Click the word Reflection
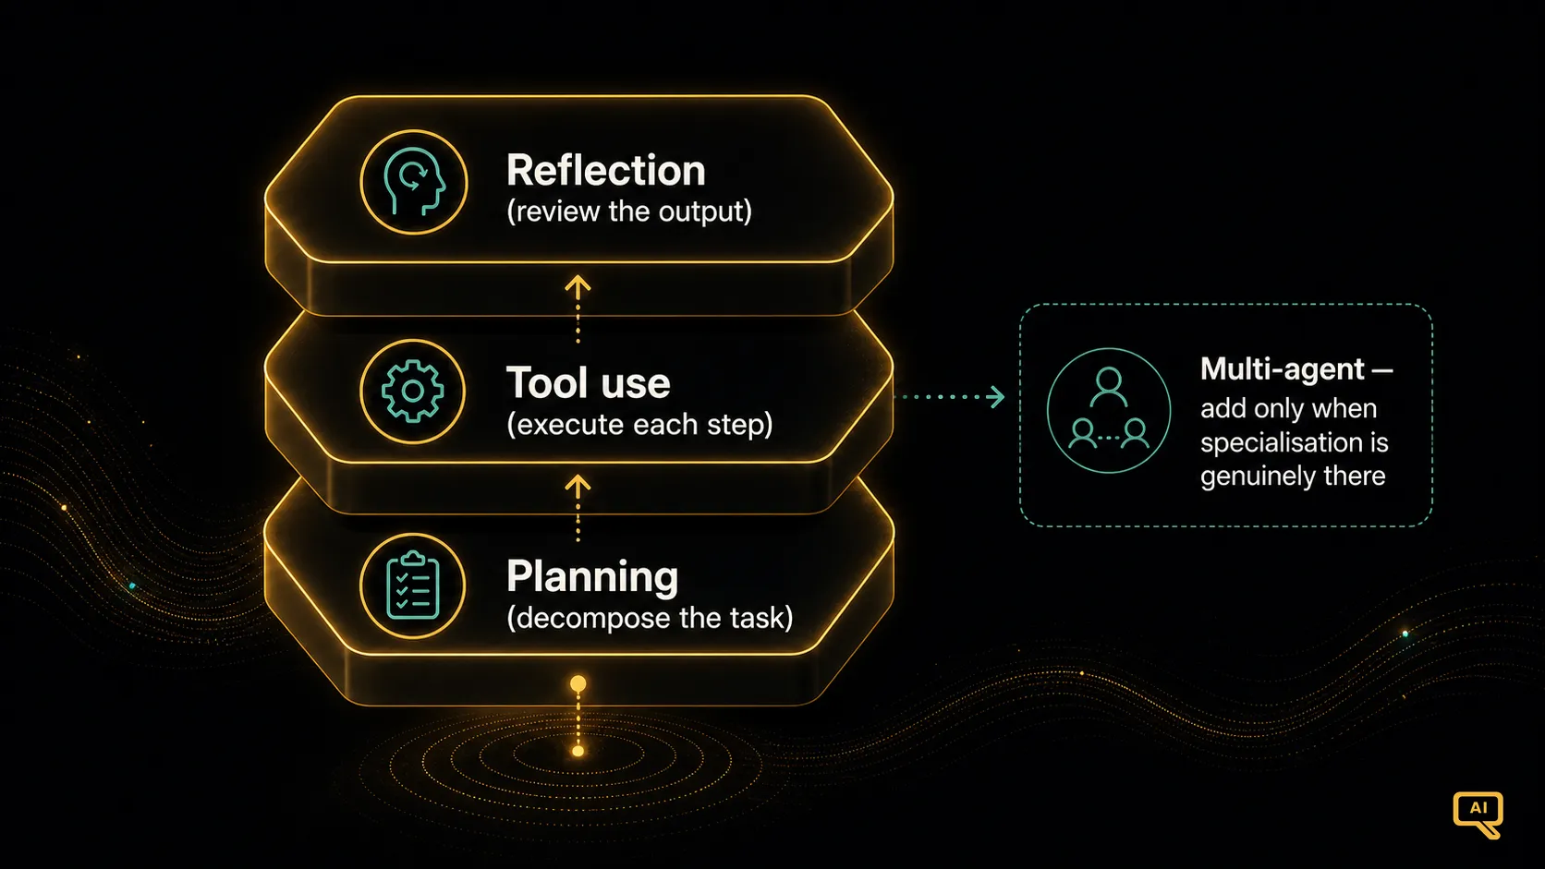(x=605, y=170)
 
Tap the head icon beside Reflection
(x=414, y=182)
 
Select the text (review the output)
(x=629, y=211)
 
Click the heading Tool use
(x=589, y=382)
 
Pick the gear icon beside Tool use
(x=412, y=391)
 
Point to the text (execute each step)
(x=639, y=425)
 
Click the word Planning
(x=592, y=577)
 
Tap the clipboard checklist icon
(x=412, y=585)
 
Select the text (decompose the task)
(x=650, y=618)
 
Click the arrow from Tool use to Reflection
(x=578, y=308)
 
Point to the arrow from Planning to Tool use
(x=578, y=509)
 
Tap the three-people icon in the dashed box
(x=1109, y=411)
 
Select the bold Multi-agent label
(x=1296, y=369)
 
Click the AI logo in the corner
(x=1478, y=814)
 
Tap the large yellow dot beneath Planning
(x=578, y=683)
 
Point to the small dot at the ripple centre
(x=578, y=751)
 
